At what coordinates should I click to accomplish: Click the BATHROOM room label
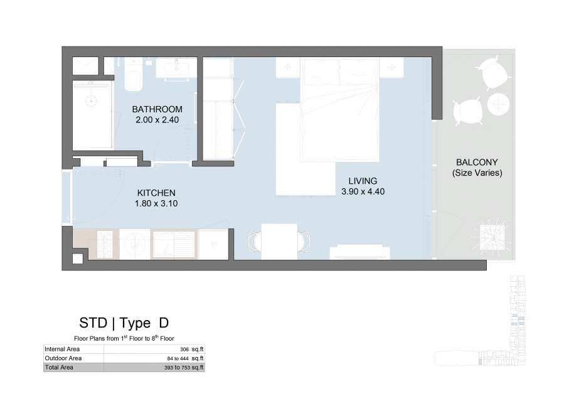pyautogui.click(x=157, y=109)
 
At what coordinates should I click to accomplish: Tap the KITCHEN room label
pyautogui.click(x=156, y=193)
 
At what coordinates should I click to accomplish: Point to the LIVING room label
pyautogui.click(x=363, y=181)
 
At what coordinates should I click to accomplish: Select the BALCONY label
pyautogui.click(x=477, y=163)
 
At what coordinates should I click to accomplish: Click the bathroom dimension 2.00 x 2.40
pyautogui.click(x=157, y=120)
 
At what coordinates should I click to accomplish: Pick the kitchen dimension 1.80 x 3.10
pyautogui.click(x=156, y=203)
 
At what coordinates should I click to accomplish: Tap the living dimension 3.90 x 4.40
pyautogui.click(x=363, y=191)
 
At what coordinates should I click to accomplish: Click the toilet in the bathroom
pyautogui.click(x=133, y=76)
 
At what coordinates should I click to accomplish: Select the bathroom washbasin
pyautogui.click(x=177, y=68)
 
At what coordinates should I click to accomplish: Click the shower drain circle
pyautogui.click(x=91, y=101)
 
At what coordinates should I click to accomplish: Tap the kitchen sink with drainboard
pyautogui.click(x=174, y=244)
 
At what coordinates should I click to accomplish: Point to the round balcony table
pyautogui.click(x=498, y=104)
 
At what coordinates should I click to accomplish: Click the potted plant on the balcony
pyautogui.click(x=492, y=237)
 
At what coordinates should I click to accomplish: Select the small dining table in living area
pyautogui.click(x=279, y=242)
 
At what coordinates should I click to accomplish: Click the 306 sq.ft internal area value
pyautogui.click(x=192, y=350)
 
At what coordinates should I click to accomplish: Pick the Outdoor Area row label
pyautogui.click(x=63, y=358)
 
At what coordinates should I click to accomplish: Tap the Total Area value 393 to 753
pyautogui.click(x=184, y=368)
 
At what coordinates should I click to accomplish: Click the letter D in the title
pyautogui.click(x=164, y=323)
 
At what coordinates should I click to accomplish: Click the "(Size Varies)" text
pyautogui.click(x=477, y=173)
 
